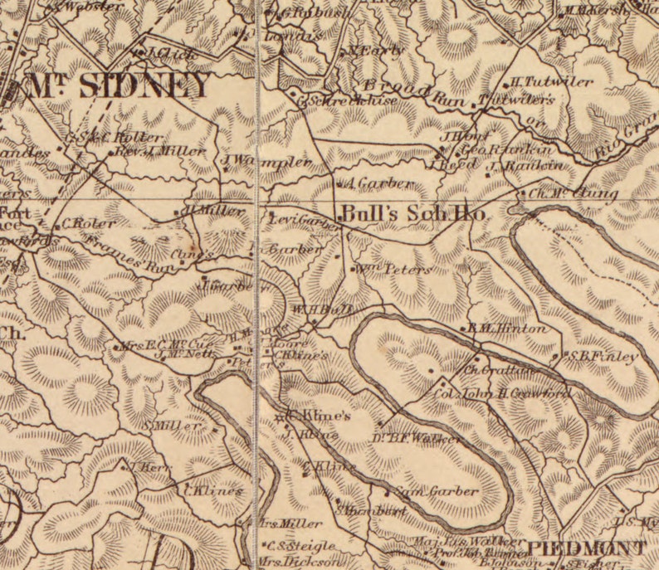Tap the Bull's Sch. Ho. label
point(412,212)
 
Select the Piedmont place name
point(587,548)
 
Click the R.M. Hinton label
point(507,329)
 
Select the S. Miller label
point(175,426)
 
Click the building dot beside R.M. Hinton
point(463,329)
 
